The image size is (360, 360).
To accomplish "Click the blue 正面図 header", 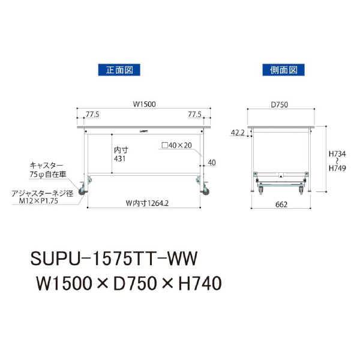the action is (119, 70).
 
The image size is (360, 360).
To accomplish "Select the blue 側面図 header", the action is (284, 70).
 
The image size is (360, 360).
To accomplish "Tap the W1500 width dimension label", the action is (144, 104).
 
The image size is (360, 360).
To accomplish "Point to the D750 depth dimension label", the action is (280, 104).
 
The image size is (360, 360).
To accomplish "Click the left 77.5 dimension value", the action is (92, 115).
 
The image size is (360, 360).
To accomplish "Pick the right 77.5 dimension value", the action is (194, 115).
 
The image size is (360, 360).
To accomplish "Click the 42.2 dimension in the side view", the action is (238, 133).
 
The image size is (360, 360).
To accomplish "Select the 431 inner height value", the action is (119, 158).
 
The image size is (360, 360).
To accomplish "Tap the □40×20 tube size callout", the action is (177, 145).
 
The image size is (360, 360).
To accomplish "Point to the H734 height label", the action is (337, 154).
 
